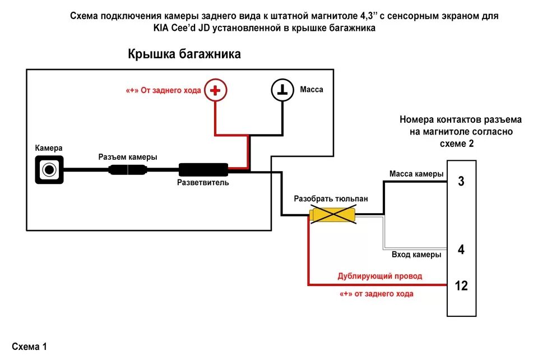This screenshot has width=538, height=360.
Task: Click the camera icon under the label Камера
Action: [50, 169]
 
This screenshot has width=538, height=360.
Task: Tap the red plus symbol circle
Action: [215, 90]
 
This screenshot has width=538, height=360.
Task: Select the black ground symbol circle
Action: [282, 90]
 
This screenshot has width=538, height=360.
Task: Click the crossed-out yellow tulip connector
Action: [333, 215]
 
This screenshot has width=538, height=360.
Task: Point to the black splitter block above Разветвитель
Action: [203, 169]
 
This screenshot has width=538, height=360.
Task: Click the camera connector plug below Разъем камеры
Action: [128, 169]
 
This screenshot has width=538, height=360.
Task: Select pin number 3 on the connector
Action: [461, 181]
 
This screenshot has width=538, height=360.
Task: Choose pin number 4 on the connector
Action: [461, 250]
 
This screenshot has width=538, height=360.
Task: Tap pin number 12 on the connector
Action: [461, 286]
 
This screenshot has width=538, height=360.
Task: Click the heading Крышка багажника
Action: [184, 54]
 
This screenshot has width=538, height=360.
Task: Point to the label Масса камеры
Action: [416, 174]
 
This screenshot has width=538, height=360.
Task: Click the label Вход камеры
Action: [416, 255]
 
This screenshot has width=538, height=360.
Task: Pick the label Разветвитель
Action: [203, 183]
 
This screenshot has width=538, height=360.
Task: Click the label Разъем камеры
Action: [128, 157]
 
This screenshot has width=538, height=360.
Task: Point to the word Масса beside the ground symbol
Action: [312, 90]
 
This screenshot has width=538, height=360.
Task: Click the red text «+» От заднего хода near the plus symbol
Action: [163, 90]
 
